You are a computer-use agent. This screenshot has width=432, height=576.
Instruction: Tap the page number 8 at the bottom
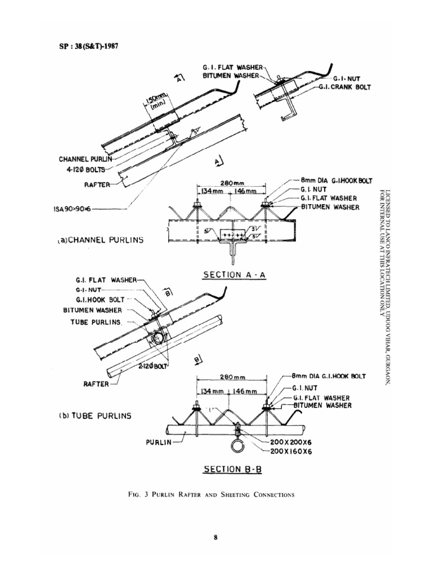215,538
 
